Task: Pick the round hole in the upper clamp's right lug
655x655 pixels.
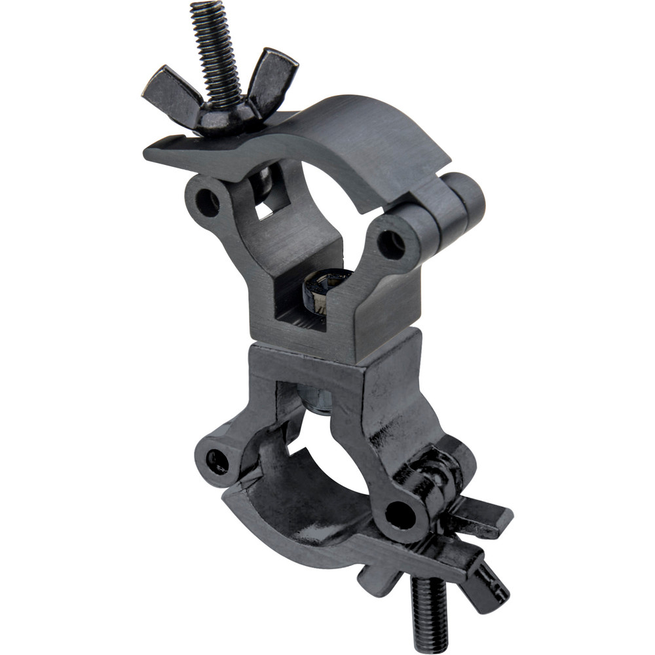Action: click(391, 244)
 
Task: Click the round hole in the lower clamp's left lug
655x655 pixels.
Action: click(217, 461)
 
